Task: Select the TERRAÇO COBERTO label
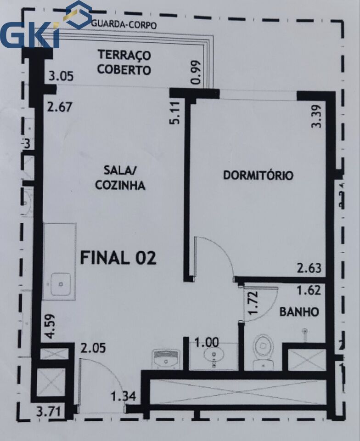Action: click(124, 62)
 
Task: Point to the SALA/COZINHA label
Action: click(120, 178)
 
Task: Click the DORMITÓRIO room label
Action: click(258, 175)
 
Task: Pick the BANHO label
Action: click(299, 312)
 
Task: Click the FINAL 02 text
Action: click(118, 258)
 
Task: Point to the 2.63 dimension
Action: click(309, 268)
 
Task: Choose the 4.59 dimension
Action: click(50, 326)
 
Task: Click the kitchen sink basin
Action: click(61, 283)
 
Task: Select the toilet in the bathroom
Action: click(263, 349)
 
